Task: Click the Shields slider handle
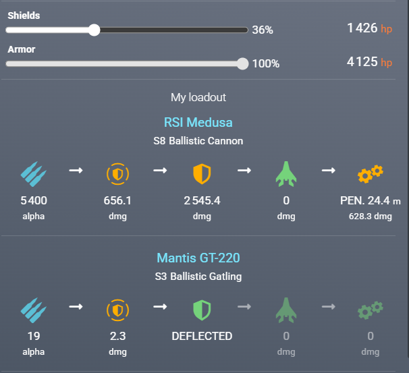(x=94, y=30)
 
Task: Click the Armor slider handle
(x=243, y=63)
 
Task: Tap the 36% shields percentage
(x=263, y=30)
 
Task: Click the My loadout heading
(x=198, y=98)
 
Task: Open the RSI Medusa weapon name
(x=198, y=123)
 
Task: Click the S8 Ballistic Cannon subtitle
(x=198, y=141)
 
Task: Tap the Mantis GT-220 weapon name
(x=198, y=258)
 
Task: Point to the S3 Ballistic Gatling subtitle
(x=198, y=276)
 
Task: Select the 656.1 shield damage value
(x=117, y=201)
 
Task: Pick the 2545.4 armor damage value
(x=202, y=201)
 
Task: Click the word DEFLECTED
(x=202, y=336)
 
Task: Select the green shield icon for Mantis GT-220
(x=202, y=310)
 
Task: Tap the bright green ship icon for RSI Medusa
(x=286, y=175)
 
